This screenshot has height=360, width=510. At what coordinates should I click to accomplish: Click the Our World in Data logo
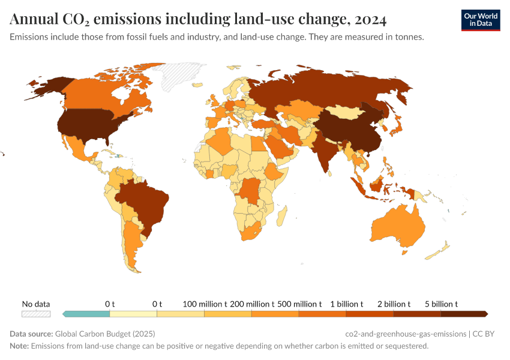480,20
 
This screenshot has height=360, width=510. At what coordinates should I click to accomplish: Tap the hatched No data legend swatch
36,313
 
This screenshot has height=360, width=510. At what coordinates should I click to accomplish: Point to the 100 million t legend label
205,304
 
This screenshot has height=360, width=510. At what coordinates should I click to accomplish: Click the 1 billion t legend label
347,304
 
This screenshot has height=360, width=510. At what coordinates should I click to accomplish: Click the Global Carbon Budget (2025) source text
105,334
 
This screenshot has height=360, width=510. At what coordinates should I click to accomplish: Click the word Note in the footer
19,346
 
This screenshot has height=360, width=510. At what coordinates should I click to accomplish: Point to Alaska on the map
45,87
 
